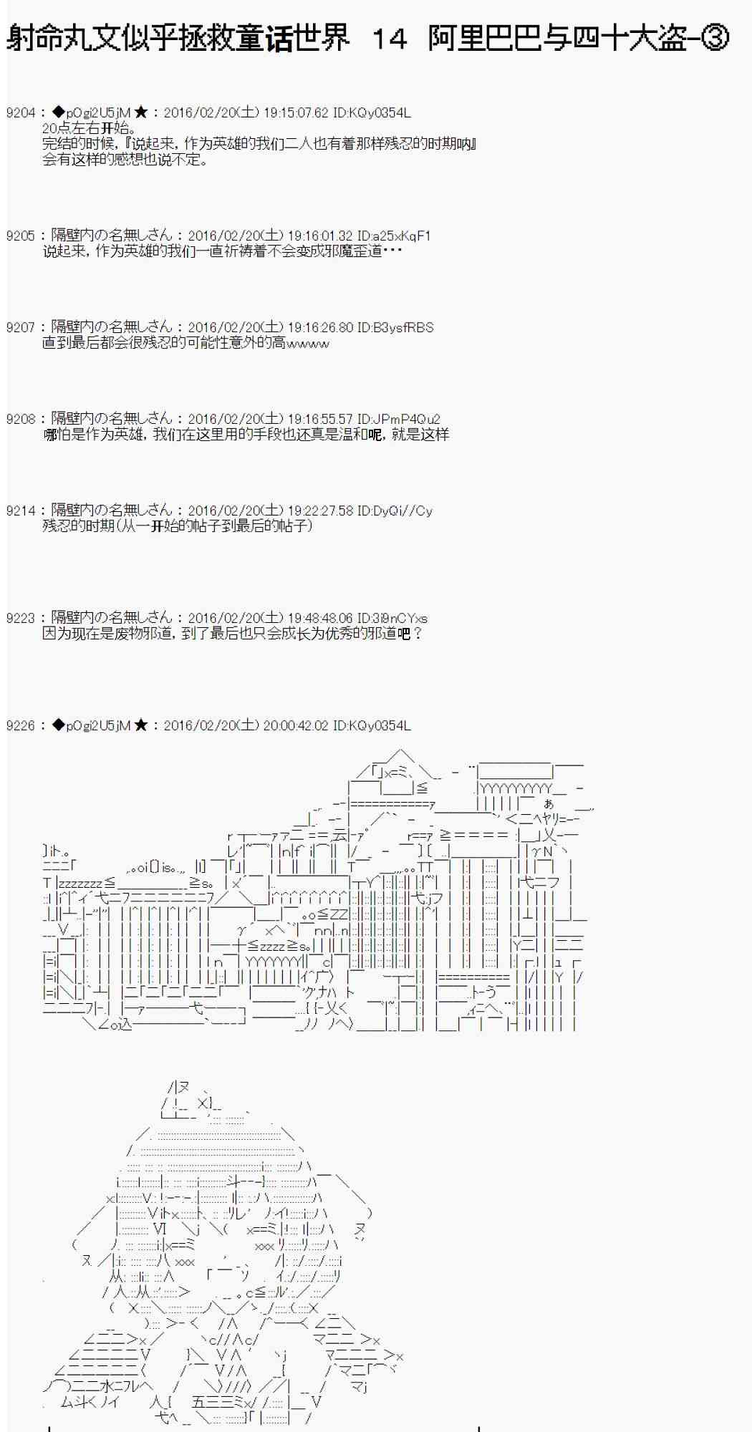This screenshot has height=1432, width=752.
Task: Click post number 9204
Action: pyautogui.click(x=20, y=112)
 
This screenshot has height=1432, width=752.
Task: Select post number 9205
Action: pyautogui.click(x=20, y=236)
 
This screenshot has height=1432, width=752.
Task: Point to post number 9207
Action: pyautogui.click(x=20, y=327)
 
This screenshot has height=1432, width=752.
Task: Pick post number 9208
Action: pyautogui.click(x=20, y=419)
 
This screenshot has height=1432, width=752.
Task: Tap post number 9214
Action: pyautogui.click(x=20, y=511)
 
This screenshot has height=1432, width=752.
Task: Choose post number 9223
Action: pyautogui.click(x=20, y=618)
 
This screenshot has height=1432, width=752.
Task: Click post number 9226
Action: pyautogui.click(x=20, y=725)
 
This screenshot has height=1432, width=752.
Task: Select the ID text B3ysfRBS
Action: pyautogui.click(x=402, y=327)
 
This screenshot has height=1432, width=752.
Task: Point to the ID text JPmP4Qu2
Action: pyautogui.click(x=406, y=419)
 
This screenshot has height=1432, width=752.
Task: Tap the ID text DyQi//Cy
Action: pyautogui.click(x=402, y=511)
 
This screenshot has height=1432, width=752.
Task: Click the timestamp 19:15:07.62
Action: pyautogui.click(x=296, y=112)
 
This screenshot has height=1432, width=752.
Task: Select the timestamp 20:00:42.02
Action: pyautogui.click(x=296, y=725)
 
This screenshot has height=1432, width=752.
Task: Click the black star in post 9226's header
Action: pyautogui.click(x=141, y=725)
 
